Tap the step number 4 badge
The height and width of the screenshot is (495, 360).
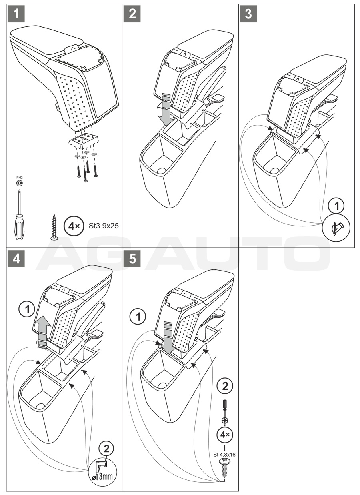[16, 259]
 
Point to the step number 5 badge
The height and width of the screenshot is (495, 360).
[132, 259]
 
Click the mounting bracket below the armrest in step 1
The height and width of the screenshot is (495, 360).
[84, 140]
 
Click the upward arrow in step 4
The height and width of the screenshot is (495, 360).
[43, 329]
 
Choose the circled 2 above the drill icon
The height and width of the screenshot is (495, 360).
[106, 448]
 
